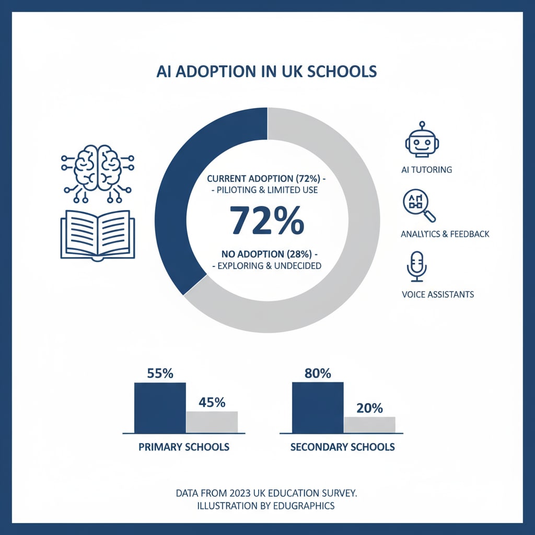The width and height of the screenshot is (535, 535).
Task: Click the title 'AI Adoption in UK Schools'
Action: pyautogui.click(x=267, y=71)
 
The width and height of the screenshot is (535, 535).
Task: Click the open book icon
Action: pyautogui.click(x=98, y=235)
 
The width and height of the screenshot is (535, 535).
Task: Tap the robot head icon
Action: pyautogui.click(x=421, y=140)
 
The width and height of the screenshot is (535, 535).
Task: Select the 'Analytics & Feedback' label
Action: pyautogui.click(x=445, y=234)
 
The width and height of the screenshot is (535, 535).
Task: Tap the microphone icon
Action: pyautogui.click(x=417, y=266)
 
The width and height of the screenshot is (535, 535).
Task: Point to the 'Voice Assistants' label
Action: pyautogui.click(x=438, y=294)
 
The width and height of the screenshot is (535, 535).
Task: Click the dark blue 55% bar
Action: pyautogui.click(x=160, y=408)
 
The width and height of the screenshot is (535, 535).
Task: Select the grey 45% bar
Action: pyautogui.click(x=212, y=422)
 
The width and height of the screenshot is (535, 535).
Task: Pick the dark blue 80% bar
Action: pyautogui.click(x=318, y=408)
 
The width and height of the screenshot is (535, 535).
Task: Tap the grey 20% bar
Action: pyautogui.click(x=369, y=425)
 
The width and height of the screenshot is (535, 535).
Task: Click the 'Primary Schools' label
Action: pyautogui.click(x=184, y=447)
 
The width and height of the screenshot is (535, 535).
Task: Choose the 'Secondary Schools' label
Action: pyautogui.click(x=342, y=447)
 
